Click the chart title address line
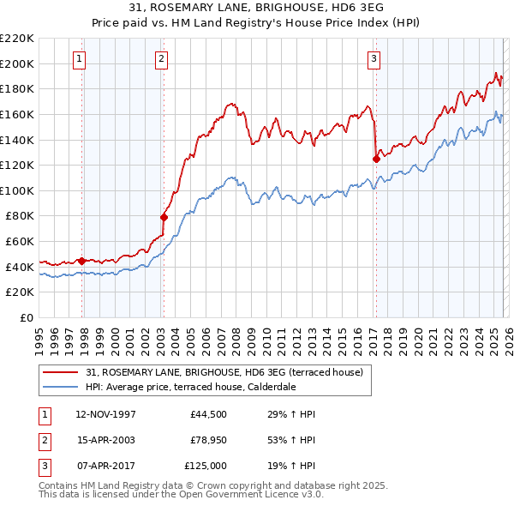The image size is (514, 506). coord(256,7)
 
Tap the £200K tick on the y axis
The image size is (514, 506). coord(17,63)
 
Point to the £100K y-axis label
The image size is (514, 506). coord(17,190)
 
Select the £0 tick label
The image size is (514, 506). coord(26,317)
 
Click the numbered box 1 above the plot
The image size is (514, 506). coord(79,59)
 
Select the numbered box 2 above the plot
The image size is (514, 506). coord(161,59)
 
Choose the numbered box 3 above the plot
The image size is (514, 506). coord(374,59)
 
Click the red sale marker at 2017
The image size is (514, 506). coord(376,159)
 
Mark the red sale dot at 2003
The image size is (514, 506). coord(164,217)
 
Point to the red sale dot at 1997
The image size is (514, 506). coord(82,261)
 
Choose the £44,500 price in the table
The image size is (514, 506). coord(208,414)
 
